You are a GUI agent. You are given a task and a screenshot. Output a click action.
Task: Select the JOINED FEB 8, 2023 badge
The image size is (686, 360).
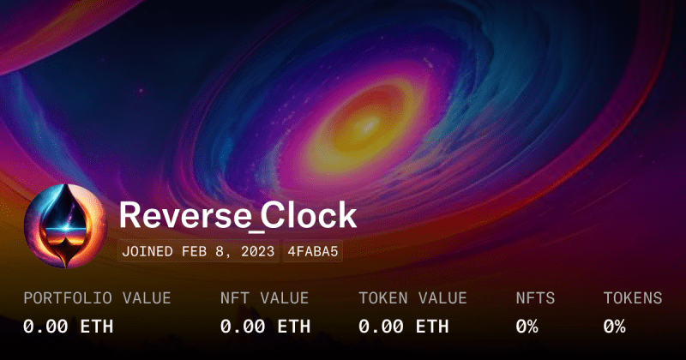click(198, 251)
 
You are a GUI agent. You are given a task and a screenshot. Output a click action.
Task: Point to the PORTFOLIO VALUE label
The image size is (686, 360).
click(97, 298)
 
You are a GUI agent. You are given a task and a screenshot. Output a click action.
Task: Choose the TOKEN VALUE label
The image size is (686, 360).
click(413, 298)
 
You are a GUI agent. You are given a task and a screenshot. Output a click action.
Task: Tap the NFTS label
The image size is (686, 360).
click(535, 298)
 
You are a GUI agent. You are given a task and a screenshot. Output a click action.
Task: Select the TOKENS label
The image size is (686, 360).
click(633, 298)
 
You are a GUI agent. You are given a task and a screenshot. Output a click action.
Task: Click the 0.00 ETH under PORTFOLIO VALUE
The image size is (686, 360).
click(68, 326)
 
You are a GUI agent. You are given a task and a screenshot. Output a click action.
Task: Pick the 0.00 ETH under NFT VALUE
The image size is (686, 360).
click(266, 326)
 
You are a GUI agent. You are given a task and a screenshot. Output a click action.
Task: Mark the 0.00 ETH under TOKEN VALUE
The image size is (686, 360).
click(404, 326)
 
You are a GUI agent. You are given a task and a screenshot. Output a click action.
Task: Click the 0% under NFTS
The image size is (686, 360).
click(527, 326)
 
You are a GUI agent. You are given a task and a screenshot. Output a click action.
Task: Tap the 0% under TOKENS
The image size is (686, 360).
click(614, 326)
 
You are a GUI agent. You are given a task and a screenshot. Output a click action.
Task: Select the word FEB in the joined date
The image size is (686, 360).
click(194, 251)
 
